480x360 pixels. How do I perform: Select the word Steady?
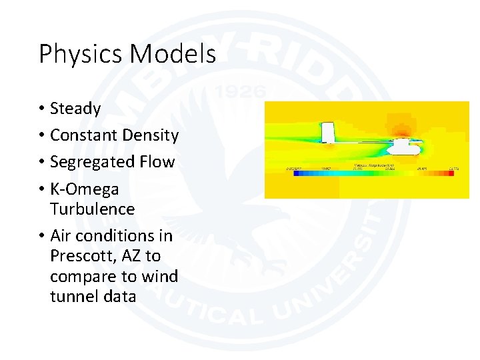tap(75, 109)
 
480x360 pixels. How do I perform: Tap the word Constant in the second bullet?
tap(84, 135)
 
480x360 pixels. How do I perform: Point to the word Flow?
tap(157, 162)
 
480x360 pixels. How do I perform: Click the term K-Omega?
tap(85, 189)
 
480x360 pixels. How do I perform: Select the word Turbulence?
tap(92, 209)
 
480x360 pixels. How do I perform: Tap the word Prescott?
tap(81, 256)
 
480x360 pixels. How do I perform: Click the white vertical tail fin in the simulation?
tap(328, 132)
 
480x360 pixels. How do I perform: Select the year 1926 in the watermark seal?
tap(242, 91)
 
